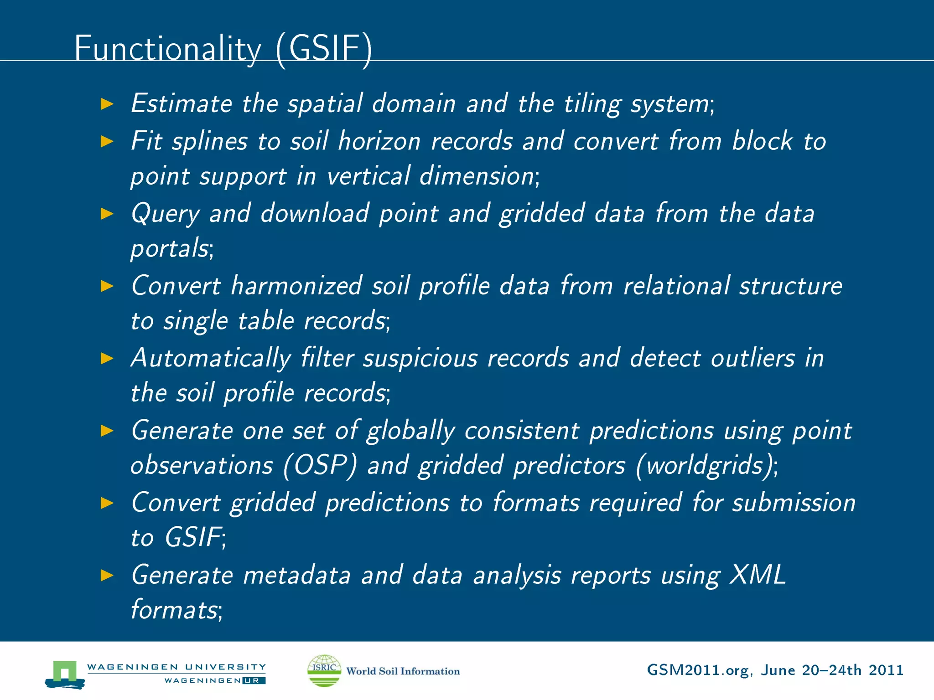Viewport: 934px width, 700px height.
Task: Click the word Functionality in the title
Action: tap(168, 49)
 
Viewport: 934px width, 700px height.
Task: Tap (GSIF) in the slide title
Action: tap(324, 49)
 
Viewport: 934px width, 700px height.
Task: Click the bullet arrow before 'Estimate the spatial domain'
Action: tap(107, 104)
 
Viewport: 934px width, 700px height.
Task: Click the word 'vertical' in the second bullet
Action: tap(368, 176)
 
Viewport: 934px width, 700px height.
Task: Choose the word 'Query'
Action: tap(165, 214)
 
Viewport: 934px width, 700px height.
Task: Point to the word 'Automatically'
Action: tap(211, 359)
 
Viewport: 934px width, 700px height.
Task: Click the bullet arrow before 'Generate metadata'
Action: tap(107, 576)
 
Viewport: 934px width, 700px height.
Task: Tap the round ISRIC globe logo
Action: tap(324, 670)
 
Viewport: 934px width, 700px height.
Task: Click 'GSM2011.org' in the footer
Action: tap(698, 670)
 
